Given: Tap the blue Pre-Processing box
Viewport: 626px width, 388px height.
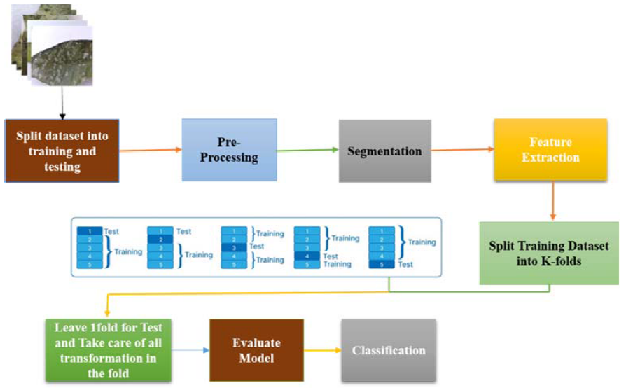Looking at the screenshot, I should pos(229,151).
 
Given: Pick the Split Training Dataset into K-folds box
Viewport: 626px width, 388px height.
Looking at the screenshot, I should pos(549,253).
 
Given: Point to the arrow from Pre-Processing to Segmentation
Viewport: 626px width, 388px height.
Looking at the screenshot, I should pos(307,151).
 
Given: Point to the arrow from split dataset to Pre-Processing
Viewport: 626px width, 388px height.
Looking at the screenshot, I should pos(150,149).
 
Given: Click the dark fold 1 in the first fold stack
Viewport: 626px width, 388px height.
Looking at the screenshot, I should pos(90,230).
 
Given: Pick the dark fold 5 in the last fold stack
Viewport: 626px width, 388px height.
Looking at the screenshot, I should pos(382,265).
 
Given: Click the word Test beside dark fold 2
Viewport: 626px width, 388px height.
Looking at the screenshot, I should pos(183,232).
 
